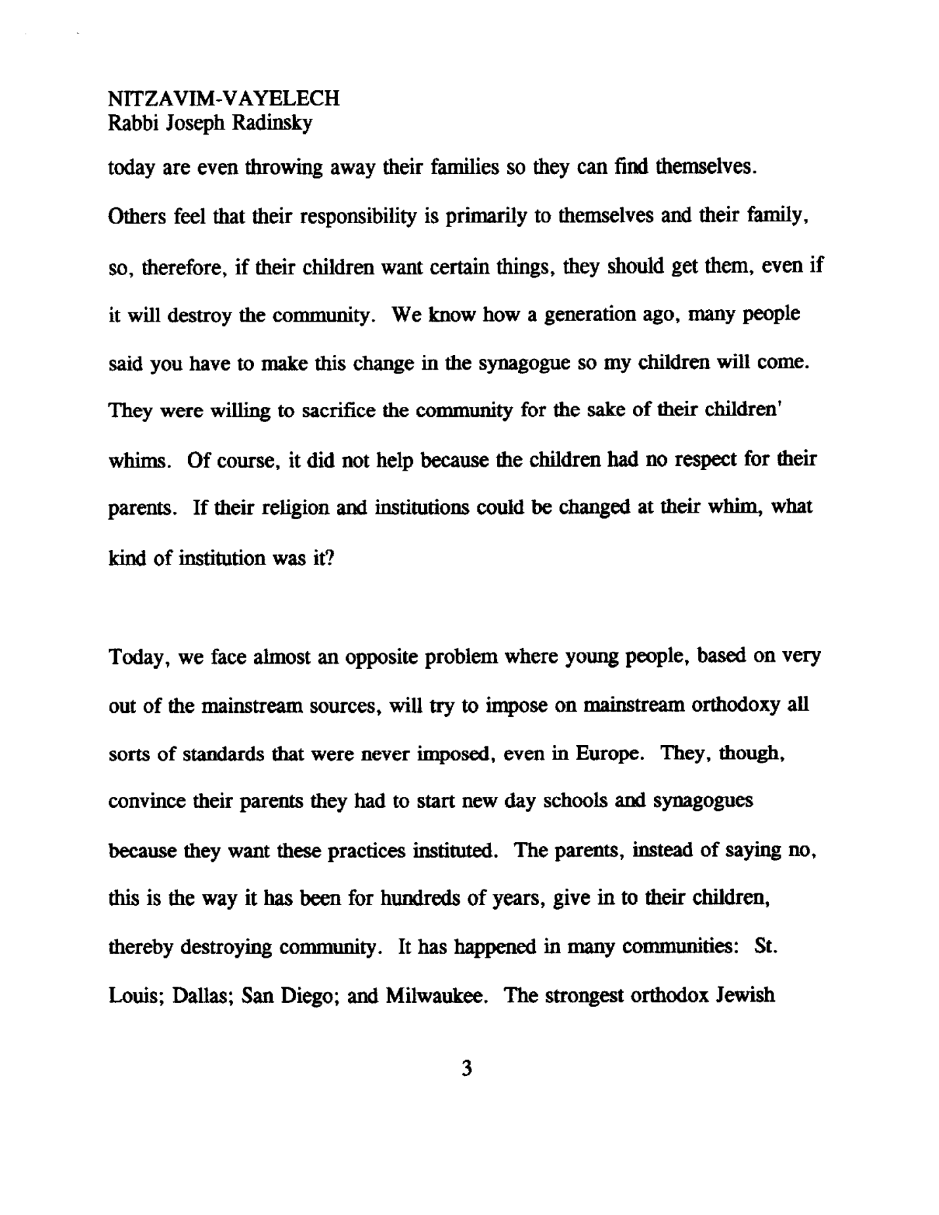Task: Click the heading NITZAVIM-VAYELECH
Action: coord(223,98)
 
